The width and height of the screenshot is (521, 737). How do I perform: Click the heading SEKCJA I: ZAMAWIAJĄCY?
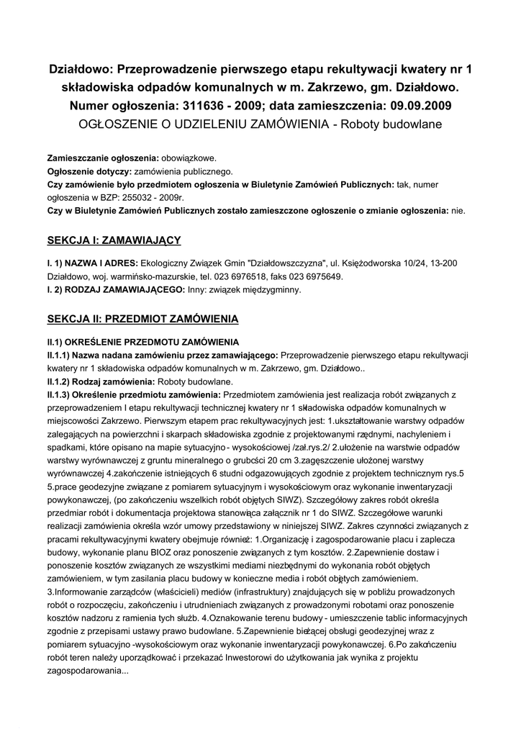[114, 239]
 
